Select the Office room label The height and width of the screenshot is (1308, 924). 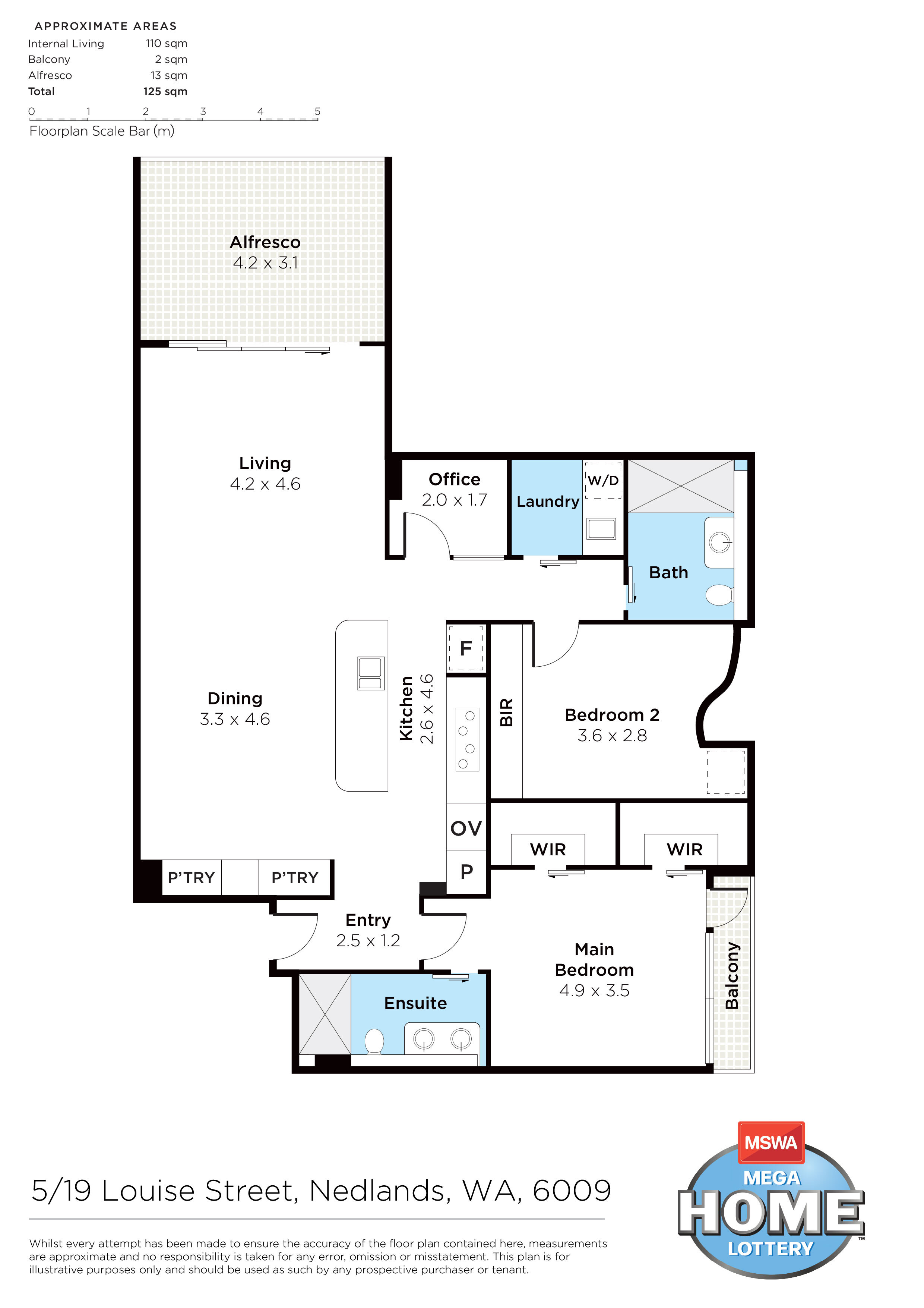click(x=454, y=479)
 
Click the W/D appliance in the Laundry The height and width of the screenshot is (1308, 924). click(x=603, y=480)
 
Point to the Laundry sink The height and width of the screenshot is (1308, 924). click(x=601, y=529)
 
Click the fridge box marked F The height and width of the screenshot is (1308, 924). click(x=466, y=648)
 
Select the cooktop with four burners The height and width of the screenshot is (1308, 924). click(x=467, y=739)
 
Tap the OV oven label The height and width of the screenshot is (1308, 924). click(x=466, y=828)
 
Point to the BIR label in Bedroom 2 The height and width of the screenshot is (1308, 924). click(x=506, y=712)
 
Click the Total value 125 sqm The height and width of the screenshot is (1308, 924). click(x=165, y=91)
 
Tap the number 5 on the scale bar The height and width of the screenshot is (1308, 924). click(x=318, y=111)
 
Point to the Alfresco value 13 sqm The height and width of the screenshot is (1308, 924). click(x=169, y=75)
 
